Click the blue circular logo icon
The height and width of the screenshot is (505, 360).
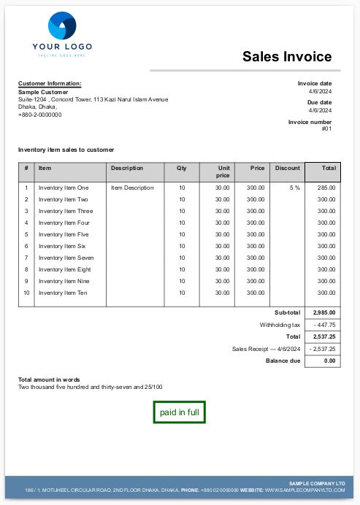click(61, 26)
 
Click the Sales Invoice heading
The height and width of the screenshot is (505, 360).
click(286, 57)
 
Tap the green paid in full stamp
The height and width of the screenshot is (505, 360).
click(179, 412)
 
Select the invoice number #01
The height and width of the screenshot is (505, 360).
click(326, 129)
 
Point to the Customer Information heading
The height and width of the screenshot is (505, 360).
click(50, 84)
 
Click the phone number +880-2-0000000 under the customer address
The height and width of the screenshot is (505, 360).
click(39, 115)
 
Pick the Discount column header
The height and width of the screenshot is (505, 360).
click(287, 168)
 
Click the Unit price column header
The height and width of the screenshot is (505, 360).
click(222, 171)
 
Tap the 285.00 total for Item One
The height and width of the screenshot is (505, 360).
click(326, 188)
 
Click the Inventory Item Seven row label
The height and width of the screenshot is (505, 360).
click(66, 258)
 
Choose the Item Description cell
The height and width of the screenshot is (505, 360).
click(132, 188)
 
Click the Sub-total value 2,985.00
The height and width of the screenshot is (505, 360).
click(323, 313)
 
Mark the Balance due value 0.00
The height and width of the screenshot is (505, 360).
click(329, 361)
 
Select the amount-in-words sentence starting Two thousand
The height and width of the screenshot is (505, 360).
click(91, 387)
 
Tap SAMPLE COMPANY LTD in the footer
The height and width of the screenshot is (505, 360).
click(317, 483)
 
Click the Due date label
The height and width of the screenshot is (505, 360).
click(318, 103)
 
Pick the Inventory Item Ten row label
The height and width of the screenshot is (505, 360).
click(63, 293)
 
